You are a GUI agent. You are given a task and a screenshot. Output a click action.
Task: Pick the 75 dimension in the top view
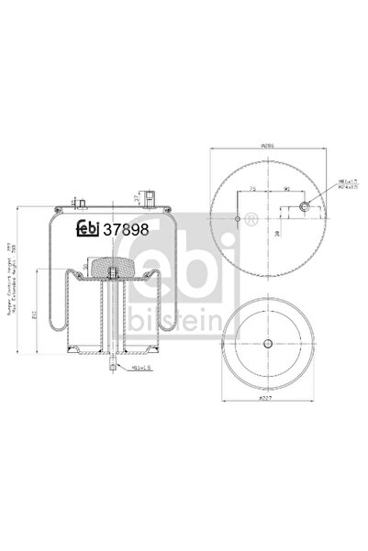[x=252, y=187]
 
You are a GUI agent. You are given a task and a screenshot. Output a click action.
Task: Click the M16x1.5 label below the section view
[x=138, y=368]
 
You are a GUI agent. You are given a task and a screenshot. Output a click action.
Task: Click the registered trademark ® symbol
[x=250, y=219]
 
